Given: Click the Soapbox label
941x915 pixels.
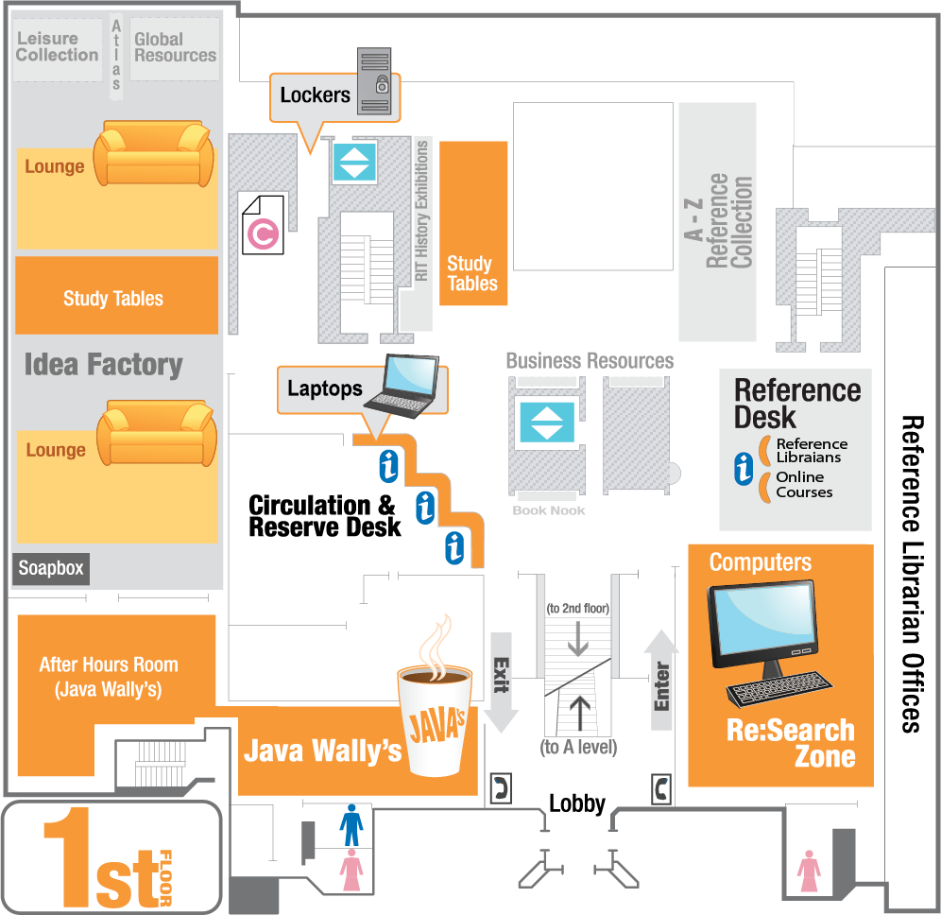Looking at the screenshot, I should [x=51, y=568].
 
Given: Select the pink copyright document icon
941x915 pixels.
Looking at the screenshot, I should [x=262, y=224].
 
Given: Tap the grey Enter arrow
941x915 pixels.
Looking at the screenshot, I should [x=661, y=680].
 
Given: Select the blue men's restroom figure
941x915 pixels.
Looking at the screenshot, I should [x=351, y=824].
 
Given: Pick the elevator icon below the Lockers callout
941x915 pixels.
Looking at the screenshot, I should [x=354, y=161].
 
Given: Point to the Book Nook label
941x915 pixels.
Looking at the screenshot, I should [x=549, y=510].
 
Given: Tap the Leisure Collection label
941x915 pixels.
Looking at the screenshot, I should [x=57, y=47].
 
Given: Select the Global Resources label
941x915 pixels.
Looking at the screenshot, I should [x=175, y=47].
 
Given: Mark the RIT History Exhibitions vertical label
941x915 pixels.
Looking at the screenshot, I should [x=421, y=212].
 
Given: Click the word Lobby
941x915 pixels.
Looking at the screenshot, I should [x=576, y=803].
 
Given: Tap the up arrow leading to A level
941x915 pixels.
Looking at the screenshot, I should [x=579, y=714].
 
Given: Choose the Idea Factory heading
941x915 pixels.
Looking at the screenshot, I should [x=103, y=364].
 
